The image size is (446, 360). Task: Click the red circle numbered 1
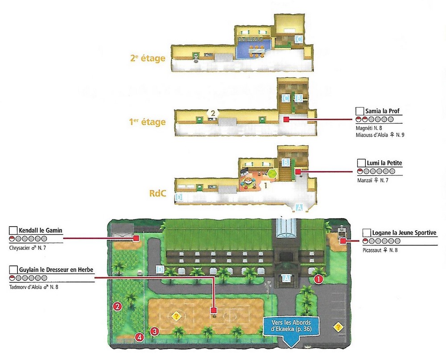318,280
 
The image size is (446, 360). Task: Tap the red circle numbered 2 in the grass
117,306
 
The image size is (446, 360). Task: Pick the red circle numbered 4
140,337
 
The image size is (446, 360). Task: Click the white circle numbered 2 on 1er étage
213,113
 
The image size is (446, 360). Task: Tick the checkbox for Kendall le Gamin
13,231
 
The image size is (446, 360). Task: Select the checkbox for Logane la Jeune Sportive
367,233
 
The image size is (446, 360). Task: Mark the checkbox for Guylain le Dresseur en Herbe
13,270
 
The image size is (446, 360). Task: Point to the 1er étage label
147,122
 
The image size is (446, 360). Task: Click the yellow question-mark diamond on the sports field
176,316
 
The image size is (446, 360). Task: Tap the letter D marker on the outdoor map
160,269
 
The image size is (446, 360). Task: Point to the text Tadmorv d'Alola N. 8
33,287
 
